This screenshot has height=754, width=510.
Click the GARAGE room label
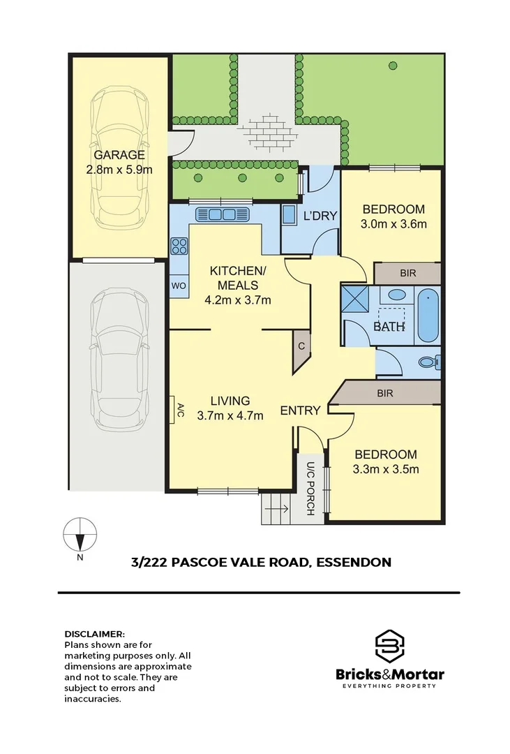point(120,155)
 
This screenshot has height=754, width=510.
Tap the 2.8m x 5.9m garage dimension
point(120,169)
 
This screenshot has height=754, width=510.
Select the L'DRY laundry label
point(321,216)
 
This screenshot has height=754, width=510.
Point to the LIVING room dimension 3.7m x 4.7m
point(230,416)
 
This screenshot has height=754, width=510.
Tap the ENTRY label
point(300,411)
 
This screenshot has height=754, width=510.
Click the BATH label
point(389,326)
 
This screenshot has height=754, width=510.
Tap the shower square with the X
point(357,301)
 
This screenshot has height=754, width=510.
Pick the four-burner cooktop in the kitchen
point(179,246)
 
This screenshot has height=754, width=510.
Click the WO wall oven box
point(179,286)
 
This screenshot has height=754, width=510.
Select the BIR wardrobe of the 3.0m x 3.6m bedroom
point(407,273)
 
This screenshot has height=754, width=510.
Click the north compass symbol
point(80,538)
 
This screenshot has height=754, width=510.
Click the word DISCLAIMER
point(94,634)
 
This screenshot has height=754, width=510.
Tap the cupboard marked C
point(301,346)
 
